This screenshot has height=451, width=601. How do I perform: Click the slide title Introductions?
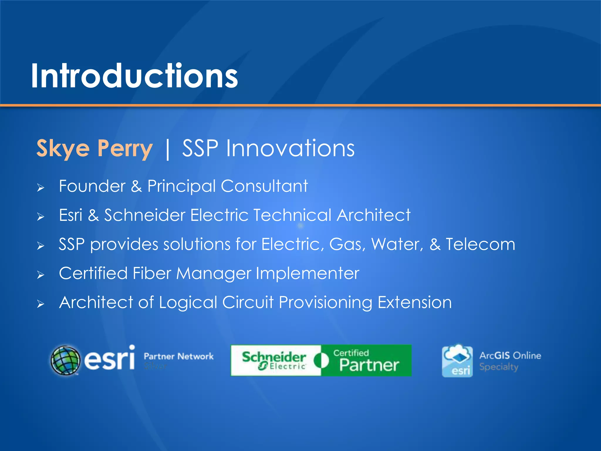click(x=134, y=76)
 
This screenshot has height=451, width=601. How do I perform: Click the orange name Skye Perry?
click(x=94, y=148)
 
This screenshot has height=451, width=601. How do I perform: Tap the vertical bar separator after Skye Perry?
click(x=168, y=149)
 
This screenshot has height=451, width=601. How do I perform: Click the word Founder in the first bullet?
click(x=92, y=186)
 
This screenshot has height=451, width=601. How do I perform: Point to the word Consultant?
click(x=264, y=186)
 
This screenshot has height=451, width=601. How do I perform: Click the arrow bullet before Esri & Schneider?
click(x=40, y=217)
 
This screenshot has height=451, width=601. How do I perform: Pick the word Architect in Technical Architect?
click(x=373, y=215)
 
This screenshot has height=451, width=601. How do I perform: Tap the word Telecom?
click(x=480, y=244)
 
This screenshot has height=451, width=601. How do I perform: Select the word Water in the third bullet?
click(x=396, y=244)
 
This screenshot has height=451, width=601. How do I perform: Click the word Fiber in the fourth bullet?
click(x=152, y=273)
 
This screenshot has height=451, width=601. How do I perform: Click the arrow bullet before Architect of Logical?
click(x=40, y=304)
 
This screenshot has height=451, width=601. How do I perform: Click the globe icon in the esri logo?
click(x=65, y=360)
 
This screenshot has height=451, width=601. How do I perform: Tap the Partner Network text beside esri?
click(x=178, y=356)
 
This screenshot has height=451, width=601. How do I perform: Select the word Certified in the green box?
click(x=351, y=353)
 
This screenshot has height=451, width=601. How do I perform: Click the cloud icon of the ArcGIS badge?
click(x=457, y=355)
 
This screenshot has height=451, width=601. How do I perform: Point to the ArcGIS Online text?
click(x=510, y=356)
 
